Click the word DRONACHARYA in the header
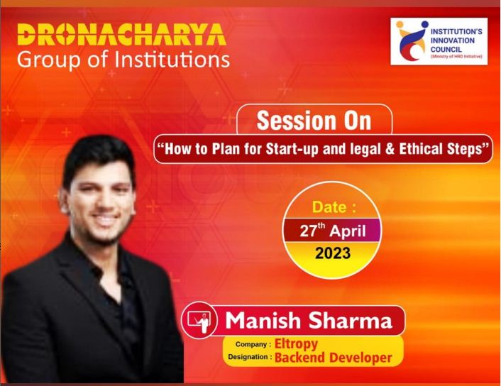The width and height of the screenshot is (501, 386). coord(122,34)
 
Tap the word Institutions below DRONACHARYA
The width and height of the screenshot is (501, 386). coord(172,60)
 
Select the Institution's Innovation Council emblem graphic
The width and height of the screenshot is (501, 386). coord(411,41)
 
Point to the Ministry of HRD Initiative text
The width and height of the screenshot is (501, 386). coord(456,57)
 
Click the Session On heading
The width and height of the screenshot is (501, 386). coord(314,121)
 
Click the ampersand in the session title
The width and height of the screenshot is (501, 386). coord(390,149)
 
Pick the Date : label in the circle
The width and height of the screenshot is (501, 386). coord(334,207)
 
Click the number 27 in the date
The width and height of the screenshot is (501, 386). coord(308,231)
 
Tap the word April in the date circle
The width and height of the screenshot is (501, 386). coord(348,231)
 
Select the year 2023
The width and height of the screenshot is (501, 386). coord(333,253)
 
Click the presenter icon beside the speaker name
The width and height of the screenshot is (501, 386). coord(199,320)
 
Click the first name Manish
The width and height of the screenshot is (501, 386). coord(263,320)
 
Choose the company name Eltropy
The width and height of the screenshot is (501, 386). coord(296,344)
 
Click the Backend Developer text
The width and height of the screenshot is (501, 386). coord(334,357)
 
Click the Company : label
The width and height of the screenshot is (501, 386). coord(253,344)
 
